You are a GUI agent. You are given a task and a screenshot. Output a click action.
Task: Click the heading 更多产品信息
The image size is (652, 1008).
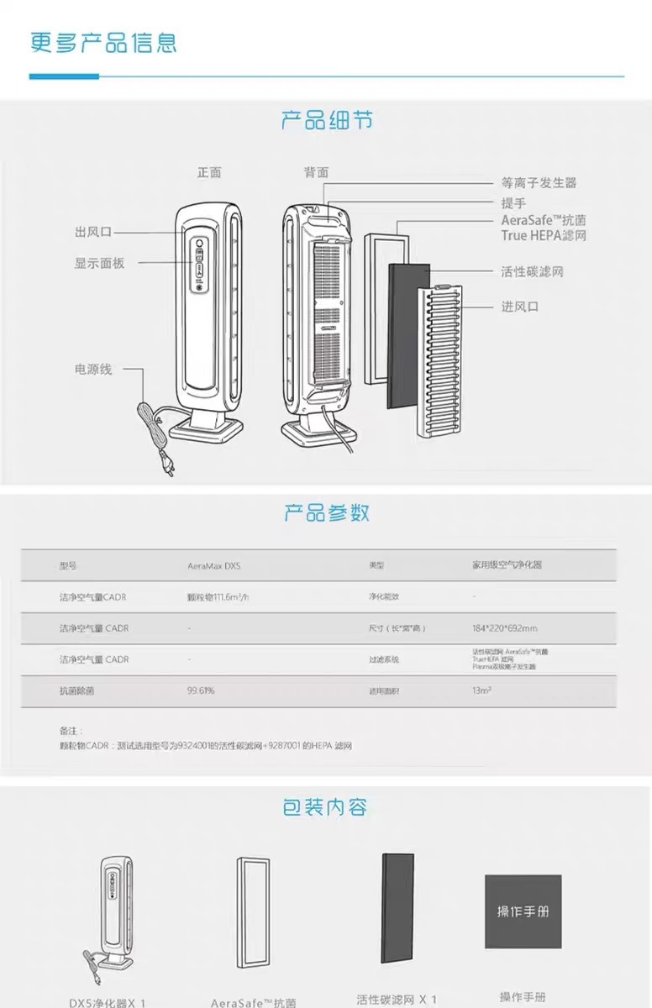point(103,43)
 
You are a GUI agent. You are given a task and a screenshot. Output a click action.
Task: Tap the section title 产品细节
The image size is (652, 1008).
point(326,121)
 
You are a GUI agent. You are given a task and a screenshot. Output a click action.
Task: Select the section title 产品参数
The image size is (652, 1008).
point(326,512)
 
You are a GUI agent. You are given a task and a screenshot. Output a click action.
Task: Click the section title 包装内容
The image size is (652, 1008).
point(325,808)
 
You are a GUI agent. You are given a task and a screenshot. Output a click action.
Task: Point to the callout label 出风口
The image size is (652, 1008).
point(92,232)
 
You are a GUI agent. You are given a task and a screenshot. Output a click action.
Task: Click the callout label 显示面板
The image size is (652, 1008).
point(99,263)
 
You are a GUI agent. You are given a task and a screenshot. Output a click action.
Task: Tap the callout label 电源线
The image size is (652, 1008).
point(92,369)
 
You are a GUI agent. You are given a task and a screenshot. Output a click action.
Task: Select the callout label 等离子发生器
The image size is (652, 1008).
point(539,183)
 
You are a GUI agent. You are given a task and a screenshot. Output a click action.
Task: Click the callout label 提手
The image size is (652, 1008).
point(513,203)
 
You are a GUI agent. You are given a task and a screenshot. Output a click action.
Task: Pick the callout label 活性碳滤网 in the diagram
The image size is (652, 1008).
point(532,272)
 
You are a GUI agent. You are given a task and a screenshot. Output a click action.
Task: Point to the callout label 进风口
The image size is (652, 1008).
point(519,307)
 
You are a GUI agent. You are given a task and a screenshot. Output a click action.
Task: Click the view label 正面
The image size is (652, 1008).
point(209,172)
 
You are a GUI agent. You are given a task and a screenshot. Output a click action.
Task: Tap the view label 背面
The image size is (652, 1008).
point(317,172)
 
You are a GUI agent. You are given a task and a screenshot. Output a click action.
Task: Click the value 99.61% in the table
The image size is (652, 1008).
point(201,690)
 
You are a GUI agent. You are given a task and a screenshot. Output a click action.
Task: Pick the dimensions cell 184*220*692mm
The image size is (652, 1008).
point(505,628)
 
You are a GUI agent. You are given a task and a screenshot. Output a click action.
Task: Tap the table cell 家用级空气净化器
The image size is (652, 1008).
point(507,565)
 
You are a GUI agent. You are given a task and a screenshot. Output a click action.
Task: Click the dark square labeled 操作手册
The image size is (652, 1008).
point(523,912)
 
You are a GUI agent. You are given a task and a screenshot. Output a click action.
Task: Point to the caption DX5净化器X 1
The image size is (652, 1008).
point(108,1002)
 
